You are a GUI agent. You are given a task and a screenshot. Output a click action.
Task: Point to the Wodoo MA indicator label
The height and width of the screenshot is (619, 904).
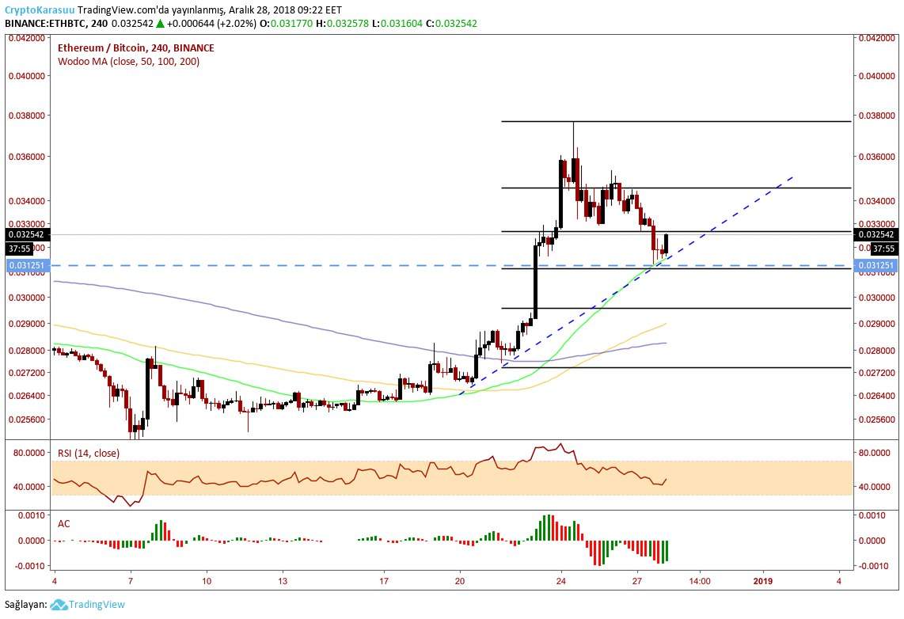pos(128,61)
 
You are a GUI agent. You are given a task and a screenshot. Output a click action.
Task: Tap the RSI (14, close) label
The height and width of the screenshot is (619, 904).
pos(89,454)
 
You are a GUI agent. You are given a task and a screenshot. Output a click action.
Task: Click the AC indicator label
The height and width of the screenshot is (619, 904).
pos(63,523)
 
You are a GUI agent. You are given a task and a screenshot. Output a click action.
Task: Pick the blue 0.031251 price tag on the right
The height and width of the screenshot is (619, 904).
pos(877,265)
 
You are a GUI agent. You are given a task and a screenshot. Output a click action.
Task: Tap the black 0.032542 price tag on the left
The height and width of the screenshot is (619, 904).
pos(26,235)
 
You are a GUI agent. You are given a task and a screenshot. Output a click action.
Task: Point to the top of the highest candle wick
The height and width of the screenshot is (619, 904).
pos(572,123)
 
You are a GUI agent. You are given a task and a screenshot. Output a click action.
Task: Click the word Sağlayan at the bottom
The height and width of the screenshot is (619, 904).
pos(25,605)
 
